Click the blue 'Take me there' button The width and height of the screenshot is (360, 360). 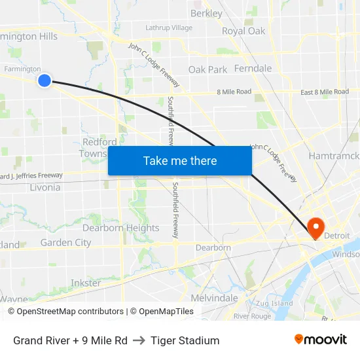[180, 160]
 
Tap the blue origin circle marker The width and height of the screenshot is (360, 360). [44, 81]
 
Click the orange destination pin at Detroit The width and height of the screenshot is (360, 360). [315, 227]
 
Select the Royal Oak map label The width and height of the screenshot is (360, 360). [243, 31]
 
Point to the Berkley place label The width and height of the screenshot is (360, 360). [206, 13]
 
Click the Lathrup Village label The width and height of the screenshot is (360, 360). [169, 28]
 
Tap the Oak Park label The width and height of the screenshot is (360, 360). [207, 69]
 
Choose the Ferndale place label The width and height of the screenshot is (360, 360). [253, 68]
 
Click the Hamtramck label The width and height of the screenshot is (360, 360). [334, 156]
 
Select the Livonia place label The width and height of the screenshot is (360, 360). [45, 187]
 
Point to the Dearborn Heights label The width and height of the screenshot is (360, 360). [120, 228]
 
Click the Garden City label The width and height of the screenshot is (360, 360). [65, 242]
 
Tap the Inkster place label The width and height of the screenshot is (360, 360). [86, 283]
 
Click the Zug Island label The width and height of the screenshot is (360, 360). [274, 303]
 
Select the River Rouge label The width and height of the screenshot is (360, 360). [252, 316]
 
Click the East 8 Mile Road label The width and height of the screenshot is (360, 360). [325, 92]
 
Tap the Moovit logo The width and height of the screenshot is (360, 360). [321, 340]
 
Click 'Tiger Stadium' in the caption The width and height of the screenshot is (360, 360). [185, 340]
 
